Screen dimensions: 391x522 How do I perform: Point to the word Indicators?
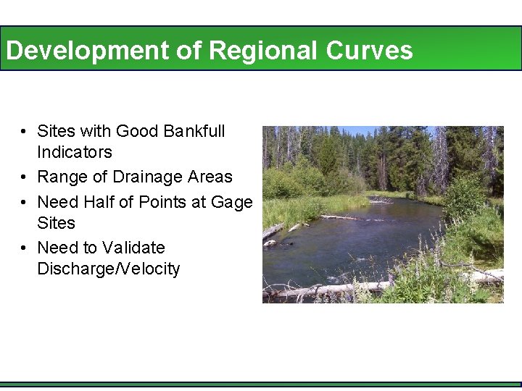click(x=75, y=152)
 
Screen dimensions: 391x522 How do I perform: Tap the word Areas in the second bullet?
click(x=210, y=177)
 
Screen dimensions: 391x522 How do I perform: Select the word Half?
click(x=99, y=202)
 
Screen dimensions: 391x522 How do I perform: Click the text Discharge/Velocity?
click(x=109, y=269)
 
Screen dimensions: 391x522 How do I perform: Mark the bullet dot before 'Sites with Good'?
click(x=24, y=132)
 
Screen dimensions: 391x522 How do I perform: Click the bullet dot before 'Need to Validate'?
click(x=24, y=248)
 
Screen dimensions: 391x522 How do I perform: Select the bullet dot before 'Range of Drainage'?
click(x=24, y=177)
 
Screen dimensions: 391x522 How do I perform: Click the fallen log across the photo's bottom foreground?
click(x=326, y=290)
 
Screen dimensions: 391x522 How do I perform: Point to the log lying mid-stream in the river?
click(x=341, y=217)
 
